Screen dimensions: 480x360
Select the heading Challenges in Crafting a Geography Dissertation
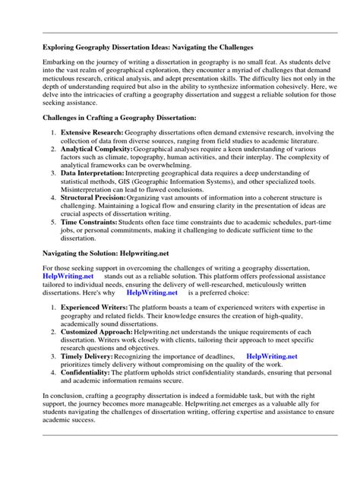coord(118,118)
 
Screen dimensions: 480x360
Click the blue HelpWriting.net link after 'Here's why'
coord(152,292)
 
